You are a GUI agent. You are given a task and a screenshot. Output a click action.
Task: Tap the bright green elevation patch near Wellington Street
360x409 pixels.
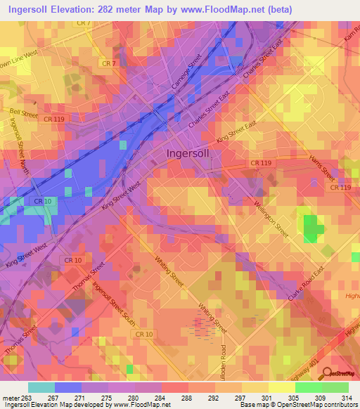point(310,228)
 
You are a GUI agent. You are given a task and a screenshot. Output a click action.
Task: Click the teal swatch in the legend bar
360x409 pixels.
point(41,387)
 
